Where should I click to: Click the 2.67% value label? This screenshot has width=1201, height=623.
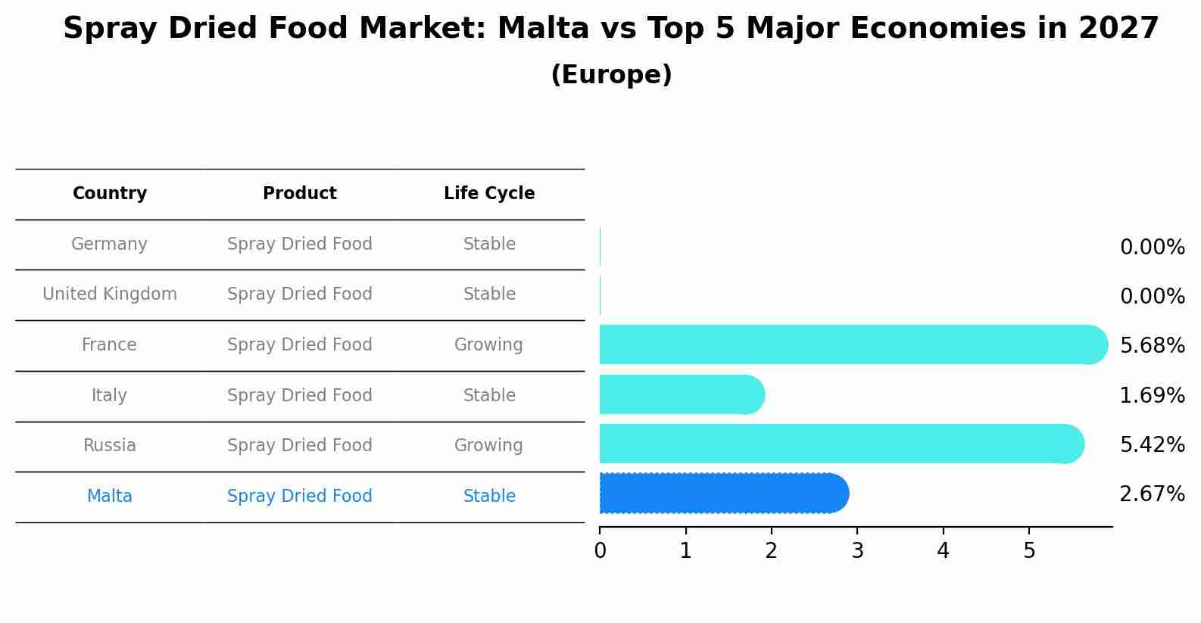click(1152, 494)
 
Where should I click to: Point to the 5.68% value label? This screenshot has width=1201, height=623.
click(1152, 346)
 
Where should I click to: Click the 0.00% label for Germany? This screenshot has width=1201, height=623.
click(1152, 248)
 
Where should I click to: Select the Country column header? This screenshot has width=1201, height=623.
click(110, 194)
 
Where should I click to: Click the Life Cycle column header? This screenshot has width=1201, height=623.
click(489, 194)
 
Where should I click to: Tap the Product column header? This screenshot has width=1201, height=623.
click(300, 194)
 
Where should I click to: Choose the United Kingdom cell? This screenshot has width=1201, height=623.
click(110, 294)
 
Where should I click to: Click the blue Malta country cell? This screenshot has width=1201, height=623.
click(110, 497)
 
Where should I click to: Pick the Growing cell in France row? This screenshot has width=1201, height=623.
click(488, 345)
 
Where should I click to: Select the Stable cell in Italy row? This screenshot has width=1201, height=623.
click(489, 396)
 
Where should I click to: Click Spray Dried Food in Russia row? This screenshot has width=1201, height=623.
click(300, 446)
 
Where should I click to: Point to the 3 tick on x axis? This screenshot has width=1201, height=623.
click(857, 551)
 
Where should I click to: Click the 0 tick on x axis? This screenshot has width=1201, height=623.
click(600, 551)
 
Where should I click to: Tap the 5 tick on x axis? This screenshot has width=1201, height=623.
click(1029, 551)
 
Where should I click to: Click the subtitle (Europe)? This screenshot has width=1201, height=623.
click(611, 75)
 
